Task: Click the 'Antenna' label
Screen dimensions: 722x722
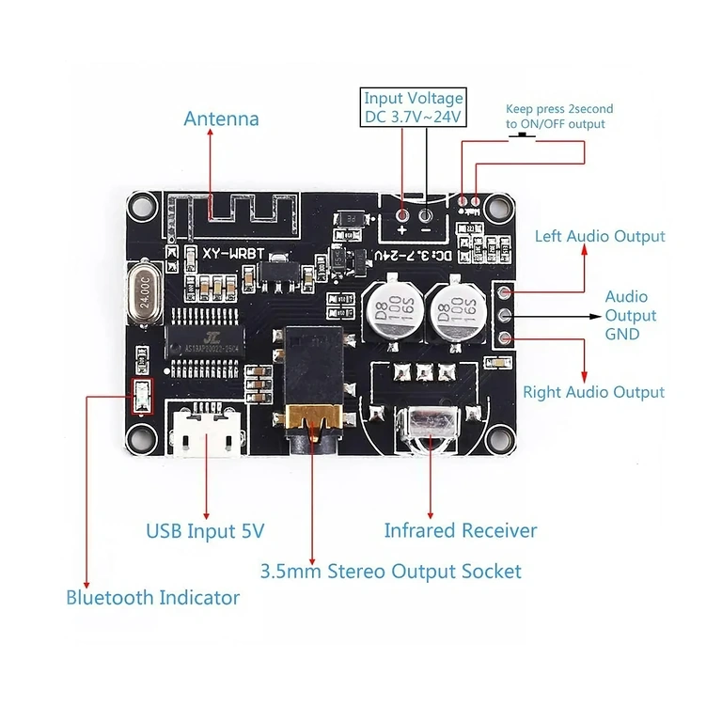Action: [x=221, y=119]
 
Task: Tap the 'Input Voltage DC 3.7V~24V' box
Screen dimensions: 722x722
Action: [x=413, y=106]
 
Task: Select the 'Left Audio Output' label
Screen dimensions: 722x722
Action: [x=600, y=236]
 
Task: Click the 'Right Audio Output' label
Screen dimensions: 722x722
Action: [x=593, y=392]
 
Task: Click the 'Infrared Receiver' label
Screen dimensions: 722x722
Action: [x=461, y=530]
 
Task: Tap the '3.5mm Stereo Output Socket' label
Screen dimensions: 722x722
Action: [x=390, y=571]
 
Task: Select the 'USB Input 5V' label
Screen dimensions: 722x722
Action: [x=205, y=531]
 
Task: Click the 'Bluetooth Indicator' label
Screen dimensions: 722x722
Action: [x=152, y=597]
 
